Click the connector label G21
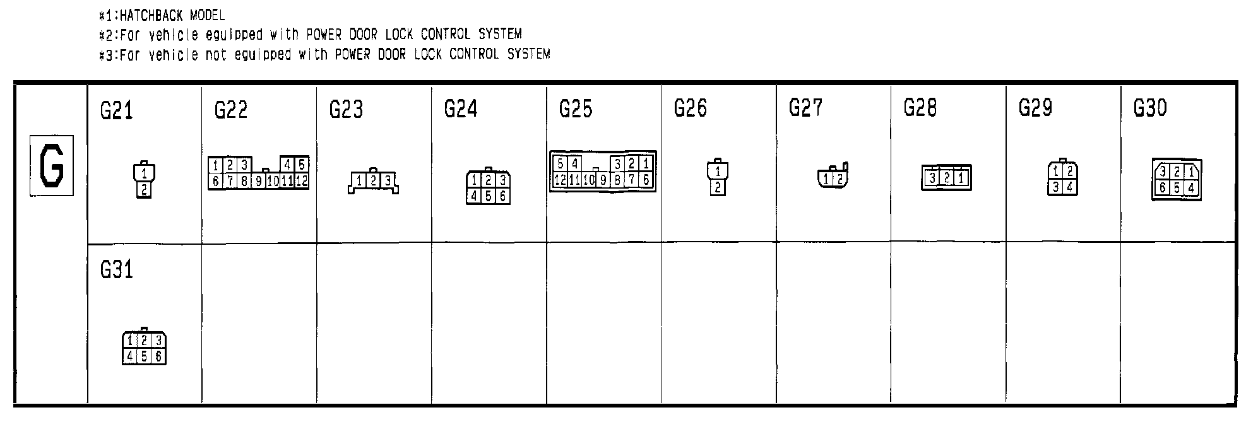(117, 111)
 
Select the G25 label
(576, 109)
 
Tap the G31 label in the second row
(117, 271)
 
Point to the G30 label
(1150, 108)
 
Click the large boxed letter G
(52, 166)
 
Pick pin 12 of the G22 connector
(302, 182)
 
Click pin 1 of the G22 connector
(215, 165)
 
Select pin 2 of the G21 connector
(145, 189)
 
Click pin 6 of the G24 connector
(502, 196)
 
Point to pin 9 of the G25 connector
(603, 180)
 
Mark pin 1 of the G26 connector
(718, 171)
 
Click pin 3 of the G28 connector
(932, 179)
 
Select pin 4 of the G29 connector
(1069, 187)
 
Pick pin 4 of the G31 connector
(129, 356)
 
